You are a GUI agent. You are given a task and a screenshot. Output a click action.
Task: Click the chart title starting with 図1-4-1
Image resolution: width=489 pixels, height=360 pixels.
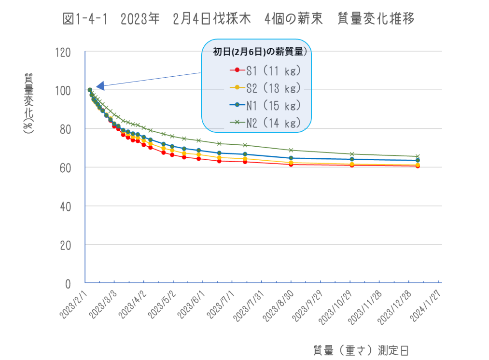coord(239,19)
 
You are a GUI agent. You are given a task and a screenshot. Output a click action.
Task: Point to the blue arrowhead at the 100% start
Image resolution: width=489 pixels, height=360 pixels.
coord(100,86)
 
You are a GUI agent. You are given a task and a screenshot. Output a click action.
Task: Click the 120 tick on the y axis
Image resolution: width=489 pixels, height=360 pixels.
coord(63,52)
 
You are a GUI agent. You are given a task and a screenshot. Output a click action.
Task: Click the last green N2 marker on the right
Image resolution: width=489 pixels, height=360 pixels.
coord(418,156)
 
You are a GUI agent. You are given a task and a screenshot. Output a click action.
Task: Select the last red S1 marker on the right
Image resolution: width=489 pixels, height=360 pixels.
coord(418,166)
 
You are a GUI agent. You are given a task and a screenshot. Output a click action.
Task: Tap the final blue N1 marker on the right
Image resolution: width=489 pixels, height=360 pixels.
coord(418,160)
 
